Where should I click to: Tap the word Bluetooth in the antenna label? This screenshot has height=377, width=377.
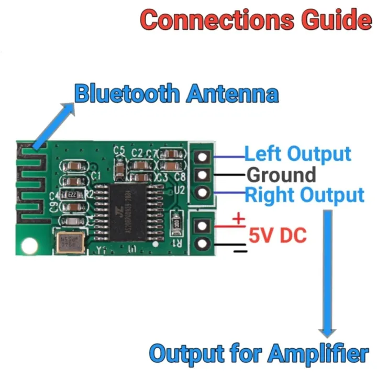(x=126, y=94)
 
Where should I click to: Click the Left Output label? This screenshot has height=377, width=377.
(x=298, y=154)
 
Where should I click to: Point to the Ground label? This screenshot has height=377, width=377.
(x=281, y=174)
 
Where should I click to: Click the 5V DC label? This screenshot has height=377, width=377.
(x=278, y=235)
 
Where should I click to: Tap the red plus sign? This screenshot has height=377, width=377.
(x=238, y=218)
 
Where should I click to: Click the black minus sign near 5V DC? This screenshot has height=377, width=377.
(x=239, y=251)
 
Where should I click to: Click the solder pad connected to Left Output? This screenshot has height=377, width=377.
(x=202, y=156)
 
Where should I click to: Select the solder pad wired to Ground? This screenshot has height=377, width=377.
(x=202, y=174)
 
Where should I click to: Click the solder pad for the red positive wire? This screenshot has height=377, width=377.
(x=202, y=226)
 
